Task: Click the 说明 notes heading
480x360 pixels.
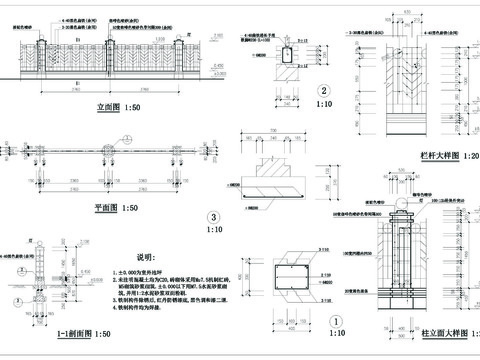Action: pos(147,257)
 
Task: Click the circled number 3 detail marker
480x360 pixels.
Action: pos(212,217)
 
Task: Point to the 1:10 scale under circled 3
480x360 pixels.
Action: pos(212,231)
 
